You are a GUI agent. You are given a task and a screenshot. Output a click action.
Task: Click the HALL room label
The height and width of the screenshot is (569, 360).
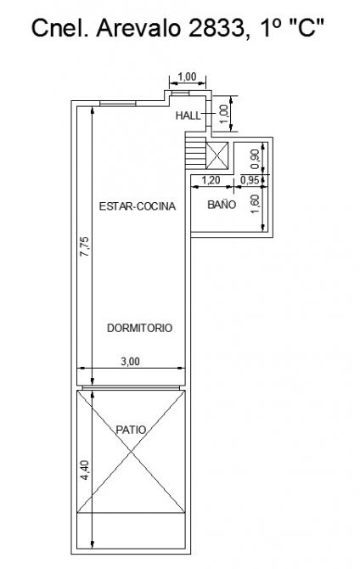188,115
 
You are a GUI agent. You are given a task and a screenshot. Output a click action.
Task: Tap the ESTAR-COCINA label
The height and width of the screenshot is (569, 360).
138,206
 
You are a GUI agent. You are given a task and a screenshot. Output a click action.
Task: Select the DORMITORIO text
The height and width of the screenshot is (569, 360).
140,328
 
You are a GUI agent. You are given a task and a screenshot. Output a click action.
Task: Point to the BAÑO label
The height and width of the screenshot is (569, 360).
222,205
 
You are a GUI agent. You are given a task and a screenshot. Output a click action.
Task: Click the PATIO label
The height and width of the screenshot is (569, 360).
131,430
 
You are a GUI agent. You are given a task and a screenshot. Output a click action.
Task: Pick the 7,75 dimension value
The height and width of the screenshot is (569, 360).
84,247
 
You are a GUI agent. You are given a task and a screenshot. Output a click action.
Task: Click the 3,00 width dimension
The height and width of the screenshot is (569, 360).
130,362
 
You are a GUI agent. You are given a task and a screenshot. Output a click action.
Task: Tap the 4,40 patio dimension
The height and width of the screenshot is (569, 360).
84,470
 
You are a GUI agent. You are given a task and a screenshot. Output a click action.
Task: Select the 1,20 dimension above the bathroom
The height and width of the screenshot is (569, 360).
211,180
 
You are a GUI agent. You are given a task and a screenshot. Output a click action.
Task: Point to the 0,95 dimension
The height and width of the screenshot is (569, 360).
250,180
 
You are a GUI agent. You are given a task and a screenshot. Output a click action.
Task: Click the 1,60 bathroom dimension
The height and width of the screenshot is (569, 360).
255,205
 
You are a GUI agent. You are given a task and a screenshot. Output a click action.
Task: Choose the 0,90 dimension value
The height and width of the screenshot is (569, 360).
255,159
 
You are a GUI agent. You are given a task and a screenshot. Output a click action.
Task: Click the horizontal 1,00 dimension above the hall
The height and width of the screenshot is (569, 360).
188,76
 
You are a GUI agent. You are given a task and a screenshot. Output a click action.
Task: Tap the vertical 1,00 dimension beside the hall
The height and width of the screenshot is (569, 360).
225,114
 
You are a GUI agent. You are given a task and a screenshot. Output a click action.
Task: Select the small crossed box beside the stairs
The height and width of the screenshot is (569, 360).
217,155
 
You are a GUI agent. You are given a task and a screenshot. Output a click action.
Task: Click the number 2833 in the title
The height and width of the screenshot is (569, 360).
217,28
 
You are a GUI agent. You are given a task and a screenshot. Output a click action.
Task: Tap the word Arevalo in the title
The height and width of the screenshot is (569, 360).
138,28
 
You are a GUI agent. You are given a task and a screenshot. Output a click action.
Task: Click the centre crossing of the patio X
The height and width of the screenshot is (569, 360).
131,452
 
